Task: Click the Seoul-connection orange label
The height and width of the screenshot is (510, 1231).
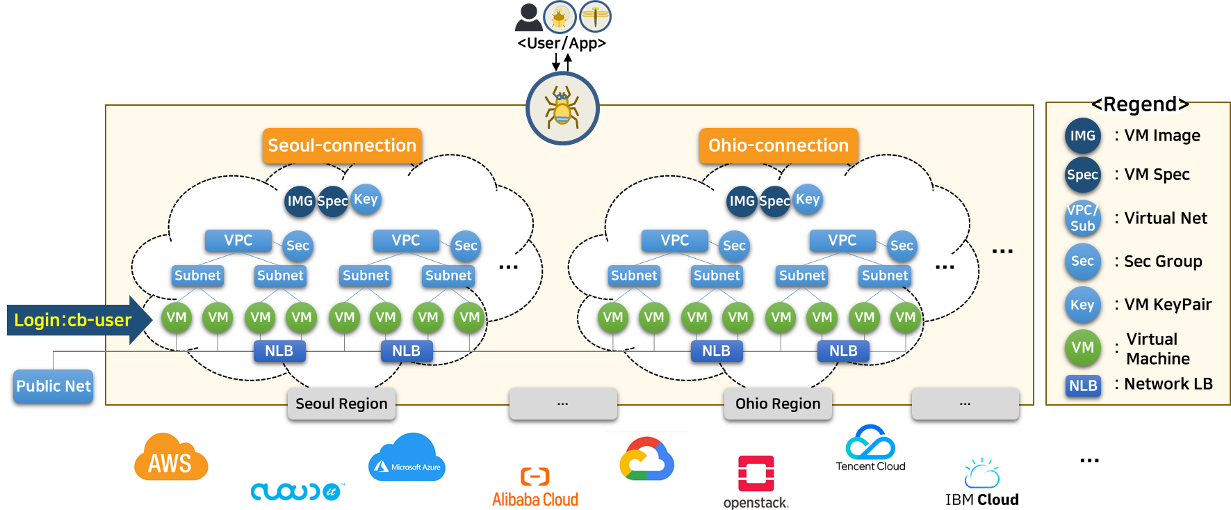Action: (342, 145)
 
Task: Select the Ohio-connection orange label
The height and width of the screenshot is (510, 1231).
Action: (778, 145)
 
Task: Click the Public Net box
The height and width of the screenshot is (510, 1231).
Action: (54, 386)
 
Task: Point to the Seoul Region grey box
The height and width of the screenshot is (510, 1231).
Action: (341, 404)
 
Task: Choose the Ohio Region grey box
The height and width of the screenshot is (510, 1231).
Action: (778, 404)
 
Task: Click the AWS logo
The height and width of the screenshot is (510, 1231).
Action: (170, 456)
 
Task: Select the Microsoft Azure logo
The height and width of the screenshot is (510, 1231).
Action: (407, 456)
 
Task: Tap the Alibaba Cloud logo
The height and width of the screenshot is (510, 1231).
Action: (535, 487)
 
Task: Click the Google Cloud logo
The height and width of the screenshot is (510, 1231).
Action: (647, 459)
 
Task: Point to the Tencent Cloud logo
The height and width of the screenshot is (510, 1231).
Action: (870, 447)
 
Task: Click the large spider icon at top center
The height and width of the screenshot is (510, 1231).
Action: (562, 108)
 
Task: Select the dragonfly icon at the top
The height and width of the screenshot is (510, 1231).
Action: (595, 16)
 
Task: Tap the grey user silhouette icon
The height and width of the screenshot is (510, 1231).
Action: (529, 17)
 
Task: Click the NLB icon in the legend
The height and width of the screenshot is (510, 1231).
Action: (1083, 385)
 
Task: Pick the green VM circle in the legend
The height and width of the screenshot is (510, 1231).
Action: (1082, 348)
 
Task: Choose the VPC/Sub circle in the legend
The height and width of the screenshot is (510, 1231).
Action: (1082, 218)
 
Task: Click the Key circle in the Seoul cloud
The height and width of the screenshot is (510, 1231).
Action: (366, 200)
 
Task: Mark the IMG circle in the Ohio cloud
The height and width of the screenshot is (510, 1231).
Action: (742, 201)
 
